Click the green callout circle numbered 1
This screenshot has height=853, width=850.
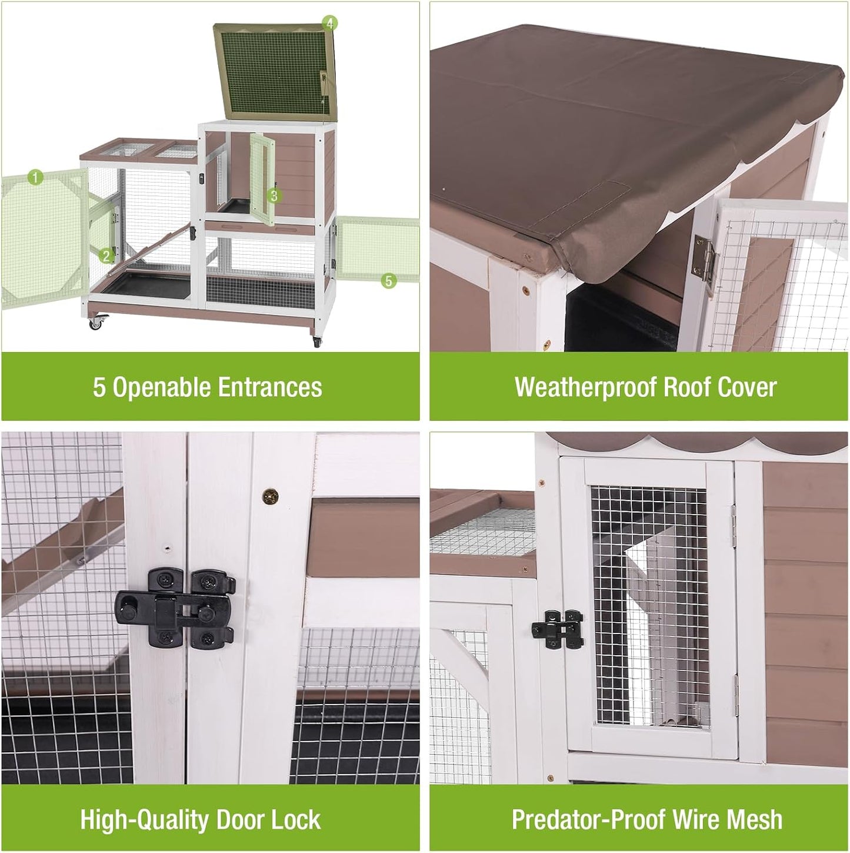point(35,177)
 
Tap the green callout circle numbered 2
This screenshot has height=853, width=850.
point(106,255)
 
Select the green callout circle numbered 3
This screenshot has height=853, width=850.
point(273,195)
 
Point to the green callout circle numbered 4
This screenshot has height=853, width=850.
point(329,24)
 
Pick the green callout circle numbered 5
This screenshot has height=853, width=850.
point(388,281)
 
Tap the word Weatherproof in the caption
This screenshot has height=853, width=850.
point(585,387)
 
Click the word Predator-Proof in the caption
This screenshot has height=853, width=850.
point(589,819)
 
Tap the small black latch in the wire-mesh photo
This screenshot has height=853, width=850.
point(556,629)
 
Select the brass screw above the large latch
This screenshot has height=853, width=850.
point(271,496)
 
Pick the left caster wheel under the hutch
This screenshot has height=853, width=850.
point(96,323)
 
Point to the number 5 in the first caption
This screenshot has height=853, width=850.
point(99,387)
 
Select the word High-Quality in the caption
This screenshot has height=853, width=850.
point(144,819)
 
